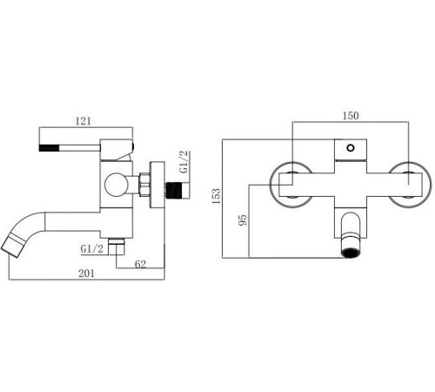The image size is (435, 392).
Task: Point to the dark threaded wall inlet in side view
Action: pos(178,186)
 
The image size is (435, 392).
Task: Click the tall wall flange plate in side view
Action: pos(159,184)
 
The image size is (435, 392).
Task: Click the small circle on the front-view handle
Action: pos(351,145)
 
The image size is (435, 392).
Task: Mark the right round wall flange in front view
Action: pos(410,184)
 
